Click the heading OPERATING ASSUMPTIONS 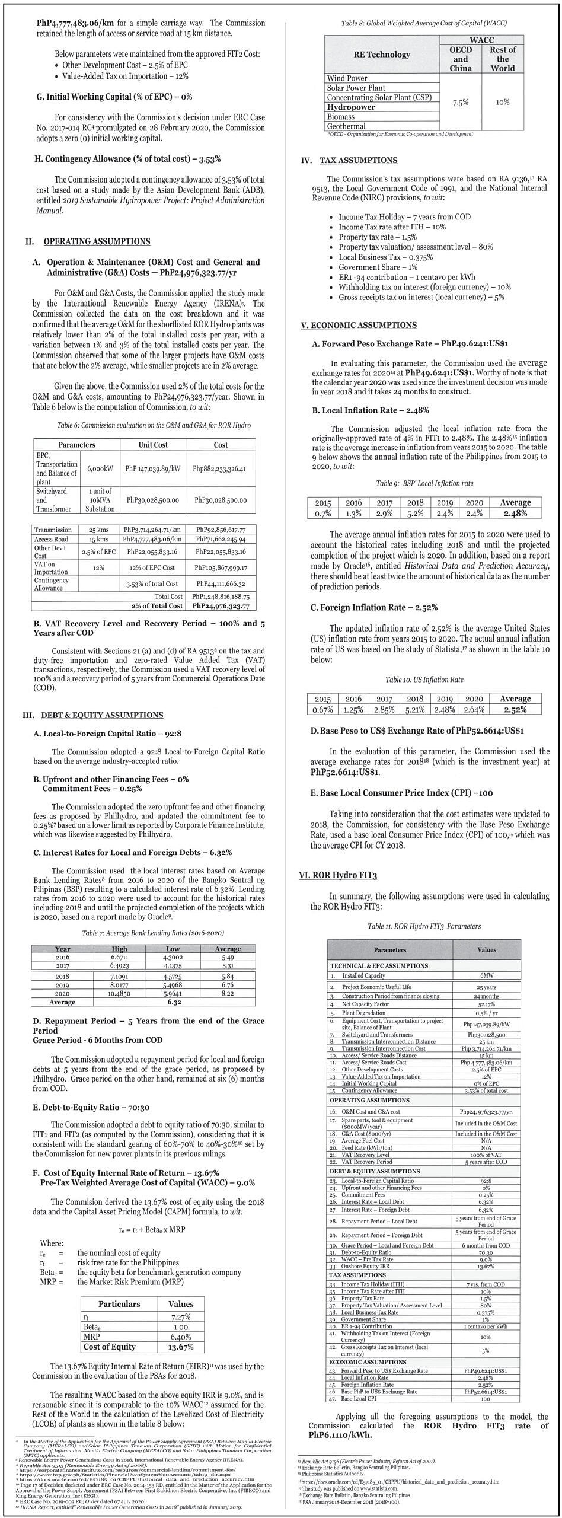97,241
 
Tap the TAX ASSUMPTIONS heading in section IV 358,160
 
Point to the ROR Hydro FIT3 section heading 338,875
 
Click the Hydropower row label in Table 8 351,107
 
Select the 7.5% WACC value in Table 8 461,103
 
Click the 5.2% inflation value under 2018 415,514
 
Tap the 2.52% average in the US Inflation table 515,710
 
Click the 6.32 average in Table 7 173,1002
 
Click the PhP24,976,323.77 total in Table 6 221,606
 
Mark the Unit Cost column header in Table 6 153,445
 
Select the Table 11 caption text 424,926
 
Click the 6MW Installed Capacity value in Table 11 487,975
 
